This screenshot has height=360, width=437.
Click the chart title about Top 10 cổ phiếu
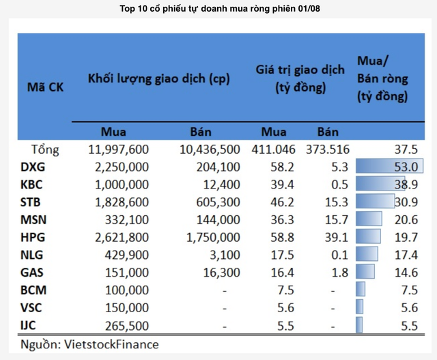pyautogui.click(x=218, y=9)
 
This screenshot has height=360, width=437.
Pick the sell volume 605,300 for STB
pyautogui.click(x=214, y=202)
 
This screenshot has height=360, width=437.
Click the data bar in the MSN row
pyautogui.click(x=369, y=219)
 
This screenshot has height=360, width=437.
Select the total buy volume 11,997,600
pyautogui.click(x=119, y=149)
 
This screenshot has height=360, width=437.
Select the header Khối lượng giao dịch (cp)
pyautogui.click(x=159, y=79)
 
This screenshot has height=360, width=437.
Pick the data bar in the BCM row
pyautogui.click(x=360, y=290)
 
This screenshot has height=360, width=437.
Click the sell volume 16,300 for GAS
pyautogui.click(x=220, y=273)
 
